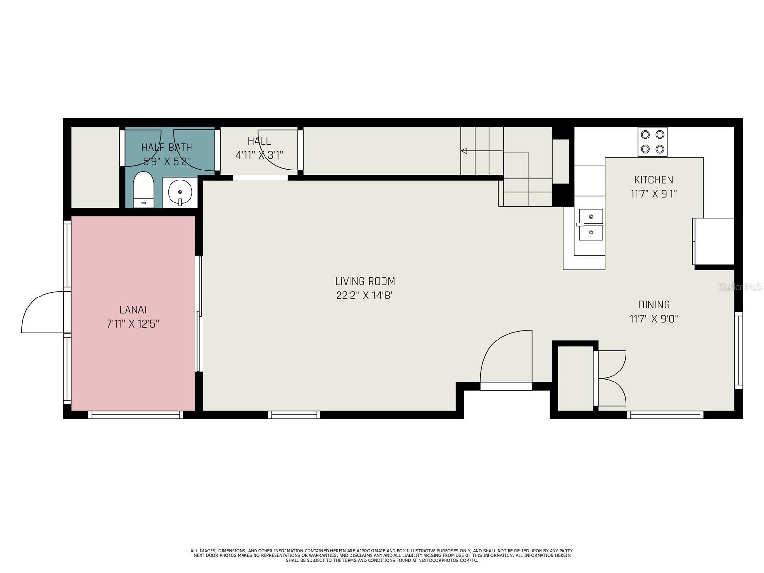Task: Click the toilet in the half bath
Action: pyautogui.click(x=143, y=189)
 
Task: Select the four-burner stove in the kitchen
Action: pyautogui.click(x=652, y=142)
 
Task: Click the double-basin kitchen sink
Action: pyautogui.click(x=591, y=224)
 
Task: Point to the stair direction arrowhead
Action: pyautogui.click(x=463, y=150)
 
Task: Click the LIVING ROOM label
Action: pyautogui.click(x=365, y=281)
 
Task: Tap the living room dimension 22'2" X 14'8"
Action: pyautogui.click(x=365, y=296)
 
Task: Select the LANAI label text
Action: pyautogui.click(x=133, y=309)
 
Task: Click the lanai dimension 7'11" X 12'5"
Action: pyautogui.click(x=133, y=324)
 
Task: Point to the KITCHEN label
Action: pyautogui.click(x=653, y=180)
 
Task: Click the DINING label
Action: pyautogui.click(x=654, y=305)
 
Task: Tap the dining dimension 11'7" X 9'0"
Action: pyautogui.click(x=654, y=318)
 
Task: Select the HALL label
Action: pyautogui.click(x=259, y=141)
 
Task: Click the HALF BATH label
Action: pyautogui.click(x=167, y=147)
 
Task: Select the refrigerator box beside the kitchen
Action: pyautogui.click(x=713, y=241)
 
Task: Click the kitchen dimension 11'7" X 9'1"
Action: pyautogui.click(x=653, y=194)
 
